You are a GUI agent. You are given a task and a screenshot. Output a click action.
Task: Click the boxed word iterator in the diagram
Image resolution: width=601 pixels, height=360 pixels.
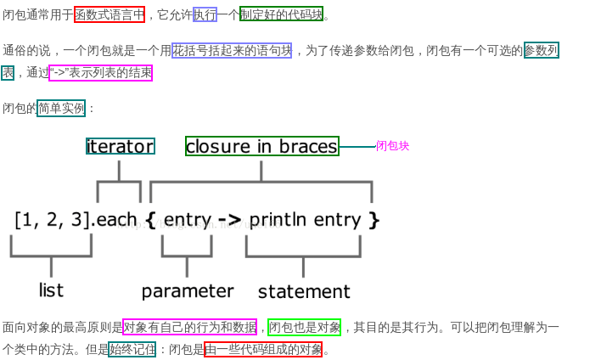120,146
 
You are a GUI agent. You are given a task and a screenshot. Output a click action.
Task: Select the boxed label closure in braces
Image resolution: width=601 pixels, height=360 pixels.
261,146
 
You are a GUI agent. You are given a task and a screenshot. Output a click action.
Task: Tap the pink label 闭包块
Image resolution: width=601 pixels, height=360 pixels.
392,146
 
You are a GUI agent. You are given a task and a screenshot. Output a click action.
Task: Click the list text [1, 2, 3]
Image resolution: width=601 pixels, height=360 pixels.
52,220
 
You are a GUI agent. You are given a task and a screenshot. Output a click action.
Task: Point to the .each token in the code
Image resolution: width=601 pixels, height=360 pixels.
115,220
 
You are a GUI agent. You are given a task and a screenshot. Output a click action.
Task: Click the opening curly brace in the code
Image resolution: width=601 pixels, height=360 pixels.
150,221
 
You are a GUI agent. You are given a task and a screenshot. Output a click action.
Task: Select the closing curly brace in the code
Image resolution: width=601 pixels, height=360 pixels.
374,221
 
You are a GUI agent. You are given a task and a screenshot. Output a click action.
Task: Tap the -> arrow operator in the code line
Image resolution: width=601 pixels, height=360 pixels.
229,221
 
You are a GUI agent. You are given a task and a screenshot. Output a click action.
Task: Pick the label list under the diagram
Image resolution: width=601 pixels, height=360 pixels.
51,290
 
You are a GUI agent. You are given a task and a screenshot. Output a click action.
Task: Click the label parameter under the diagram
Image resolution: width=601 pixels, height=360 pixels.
187,291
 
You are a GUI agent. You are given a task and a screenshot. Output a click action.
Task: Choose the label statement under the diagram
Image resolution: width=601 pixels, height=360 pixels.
304,291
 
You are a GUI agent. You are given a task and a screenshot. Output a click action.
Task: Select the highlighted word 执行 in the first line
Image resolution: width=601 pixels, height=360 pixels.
205,14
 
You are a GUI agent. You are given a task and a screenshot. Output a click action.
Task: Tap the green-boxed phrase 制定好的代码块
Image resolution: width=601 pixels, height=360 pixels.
281,14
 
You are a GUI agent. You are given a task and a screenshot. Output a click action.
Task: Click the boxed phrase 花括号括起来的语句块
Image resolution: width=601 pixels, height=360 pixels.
232,50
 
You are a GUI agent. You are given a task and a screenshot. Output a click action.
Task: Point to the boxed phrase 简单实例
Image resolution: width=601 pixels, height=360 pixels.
61,108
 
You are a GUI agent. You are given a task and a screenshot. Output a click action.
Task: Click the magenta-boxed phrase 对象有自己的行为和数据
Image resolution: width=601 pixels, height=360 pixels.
189,327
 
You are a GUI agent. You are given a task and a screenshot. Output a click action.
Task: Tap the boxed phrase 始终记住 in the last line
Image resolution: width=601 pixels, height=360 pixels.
132,349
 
